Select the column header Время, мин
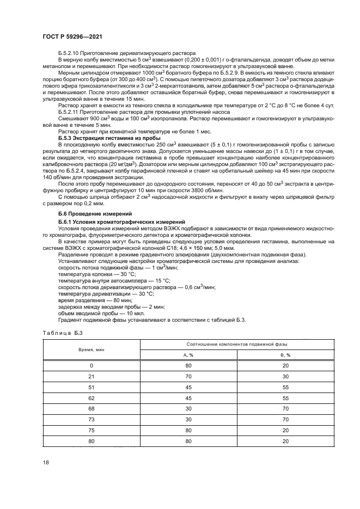[x=91, y=349]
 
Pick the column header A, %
[x=188, y=354]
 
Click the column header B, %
[x=285, y=354]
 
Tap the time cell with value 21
[x=91, y=376]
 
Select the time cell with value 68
[x=91, y=408]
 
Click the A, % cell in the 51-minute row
[x=188, y=387]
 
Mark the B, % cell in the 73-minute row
[x=285, y=419]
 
